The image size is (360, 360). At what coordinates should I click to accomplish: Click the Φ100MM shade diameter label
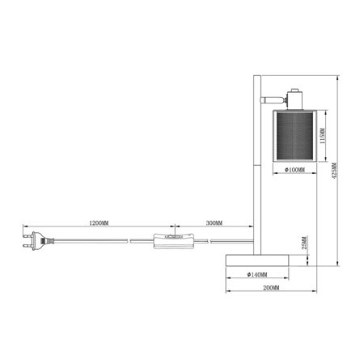[x=295, y=171]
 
